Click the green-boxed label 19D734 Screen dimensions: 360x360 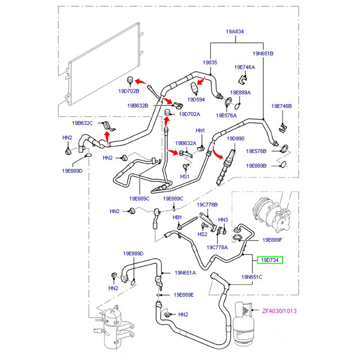[x=270, y=260]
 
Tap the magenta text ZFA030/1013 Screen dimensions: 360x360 [x=279, y=311]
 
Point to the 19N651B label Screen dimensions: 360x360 [x=263, y=54]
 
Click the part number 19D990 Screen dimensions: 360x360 [x=235, y=138]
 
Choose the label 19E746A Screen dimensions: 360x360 [x=244, y=67]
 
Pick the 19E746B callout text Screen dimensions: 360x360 [x=281, y=106]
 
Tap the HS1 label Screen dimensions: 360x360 [x=184, y=176]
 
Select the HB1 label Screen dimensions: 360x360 [x=177, y=217]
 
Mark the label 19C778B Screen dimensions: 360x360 [x=207, y=205]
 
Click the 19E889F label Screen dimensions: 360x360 [x=272, y=240]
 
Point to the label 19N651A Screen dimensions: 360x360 [x=185, y=273]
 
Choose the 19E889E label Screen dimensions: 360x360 [x=184, y=295]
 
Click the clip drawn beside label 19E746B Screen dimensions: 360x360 [x=283, y=128]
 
